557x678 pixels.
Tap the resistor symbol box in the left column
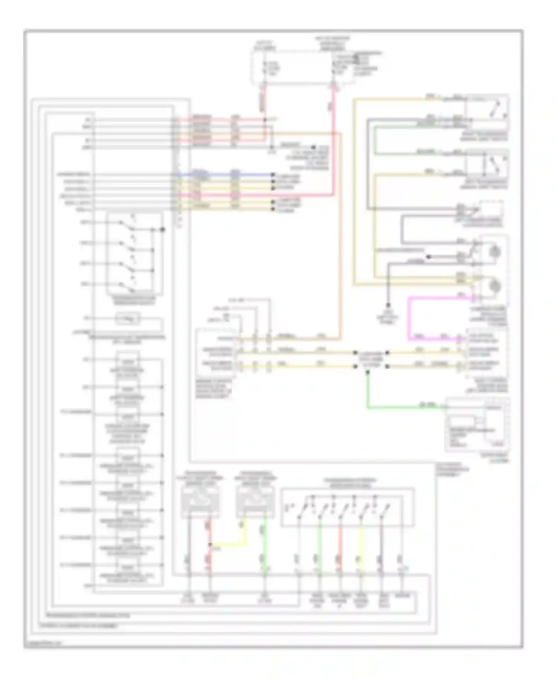[x=127, y=319]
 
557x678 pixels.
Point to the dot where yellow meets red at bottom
[x=210, y=544]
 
